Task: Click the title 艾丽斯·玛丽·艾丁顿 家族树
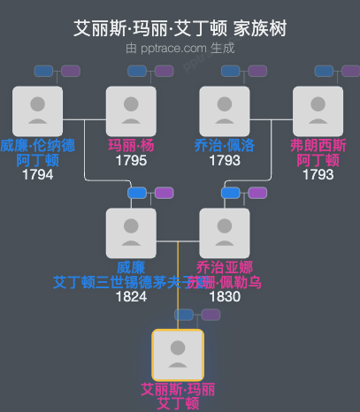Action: (x=180, y=29)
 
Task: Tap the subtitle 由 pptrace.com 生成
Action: (x=180, y=48)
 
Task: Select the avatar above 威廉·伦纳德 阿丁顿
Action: (x=37, y=111)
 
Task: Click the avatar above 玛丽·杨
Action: (x=131, y=111)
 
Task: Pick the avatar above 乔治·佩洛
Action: (x=225, y=111)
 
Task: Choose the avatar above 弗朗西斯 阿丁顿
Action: (x=318, y=111)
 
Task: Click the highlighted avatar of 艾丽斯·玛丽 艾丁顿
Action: (x=178, y=355)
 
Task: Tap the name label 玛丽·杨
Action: (x=131, y=146)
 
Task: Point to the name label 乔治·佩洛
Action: (x=225, y=146)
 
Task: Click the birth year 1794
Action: (x=37, y=174)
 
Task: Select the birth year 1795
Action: (x=131, y=161)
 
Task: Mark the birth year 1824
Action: (x=131, y=296)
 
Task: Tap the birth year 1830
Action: (x=225, y=296)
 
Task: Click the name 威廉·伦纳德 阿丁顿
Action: (x=37, y=153)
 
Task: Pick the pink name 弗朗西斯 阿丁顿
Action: (x=318, y=153)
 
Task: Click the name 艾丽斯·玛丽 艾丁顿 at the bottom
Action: (x=178, y=396)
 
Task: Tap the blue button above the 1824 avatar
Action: (x=137, y=193)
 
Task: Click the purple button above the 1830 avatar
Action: (x=257, y=193)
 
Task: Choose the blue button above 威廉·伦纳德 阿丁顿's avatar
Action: (x=43, y=71)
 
